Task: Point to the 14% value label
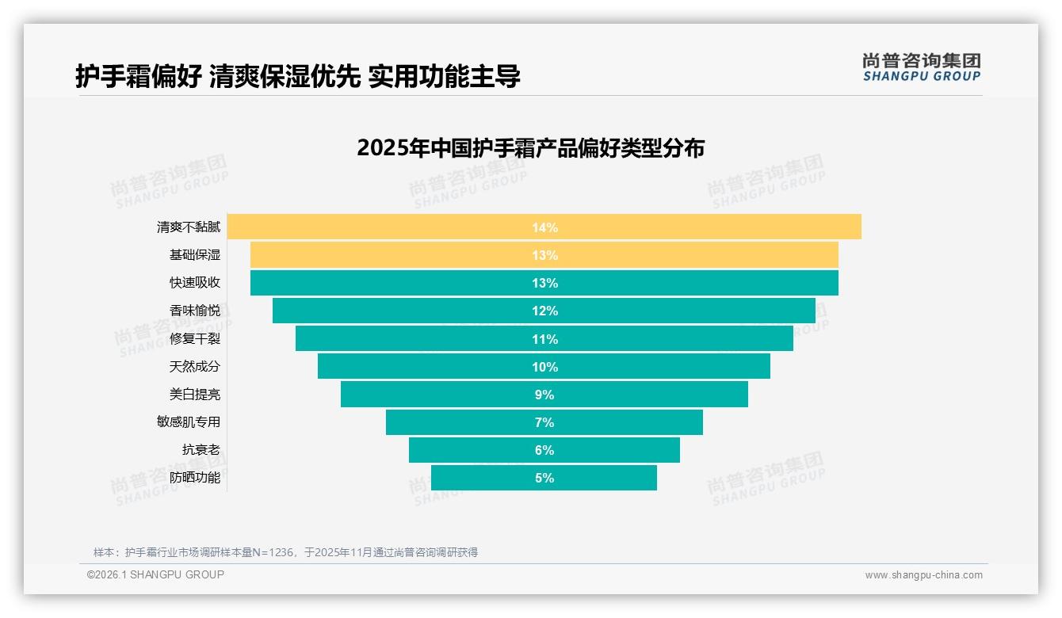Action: [544, 227]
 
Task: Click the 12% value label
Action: [544, 311]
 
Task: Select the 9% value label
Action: [544, 395]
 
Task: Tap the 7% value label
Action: [544, 422]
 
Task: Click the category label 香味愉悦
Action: [195, 311]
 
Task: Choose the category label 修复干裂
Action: [195, 339]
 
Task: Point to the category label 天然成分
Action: [195, 367]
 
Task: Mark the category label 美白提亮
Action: [195, 395]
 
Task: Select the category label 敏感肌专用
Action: [189, 422]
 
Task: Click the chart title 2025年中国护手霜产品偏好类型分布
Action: [530, 148]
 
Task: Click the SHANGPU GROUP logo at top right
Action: [921, 67]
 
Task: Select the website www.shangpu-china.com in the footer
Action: [923, 575]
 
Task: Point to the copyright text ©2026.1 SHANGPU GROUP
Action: [155, 574]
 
